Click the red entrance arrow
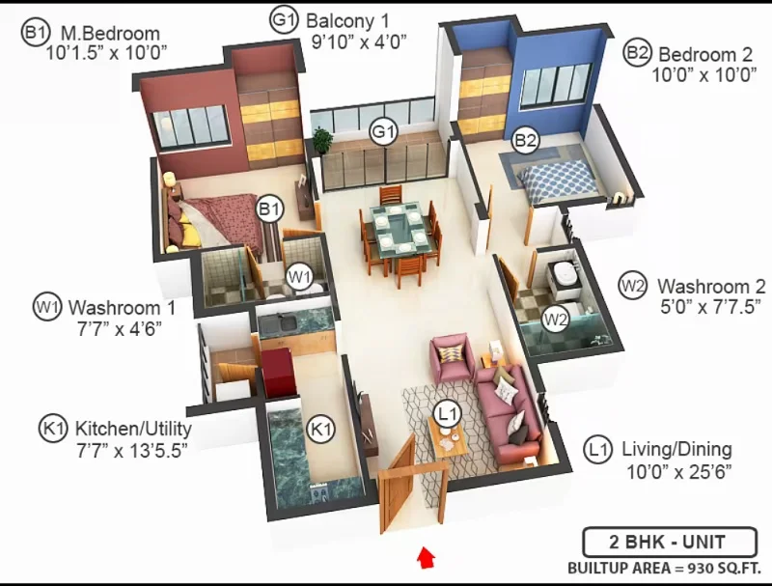tap(426, 557)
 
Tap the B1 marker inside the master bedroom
tap(269, 209)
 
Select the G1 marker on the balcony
tap(383, 131)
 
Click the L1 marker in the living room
tap(448, 413)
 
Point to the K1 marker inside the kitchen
tap(320, 429)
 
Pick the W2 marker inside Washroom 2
tap(556, 320)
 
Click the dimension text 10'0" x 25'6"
tap(679, 472)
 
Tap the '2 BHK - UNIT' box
tap(670, 543)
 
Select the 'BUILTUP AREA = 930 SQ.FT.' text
tap(664, 569)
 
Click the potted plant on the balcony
tap(322, 139)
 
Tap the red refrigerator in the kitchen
tap(279, 373)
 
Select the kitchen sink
tap(278, 323)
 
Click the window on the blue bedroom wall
tap(556, 85)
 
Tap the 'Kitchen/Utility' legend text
tap(133, 429)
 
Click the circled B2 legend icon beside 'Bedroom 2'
tap(637, 53)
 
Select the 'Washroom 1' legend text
tap(122, 308)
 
